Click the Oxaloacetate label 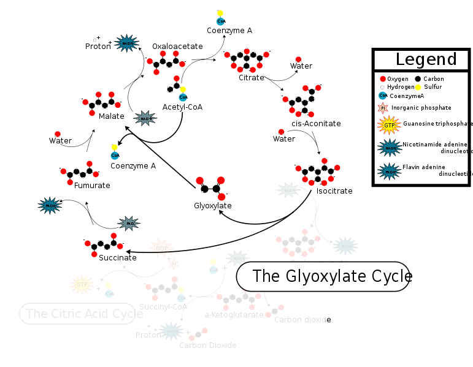pyautogui.click(x=177, y=46)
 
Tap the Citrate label pyautogui.click(x=252, y=78)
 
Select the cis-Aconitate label pyautogui.click(x=316, y=124)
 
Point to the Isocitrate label pyautogui.click(x=334, y=191)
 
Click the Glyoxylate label pyautogui.click(x=212, y=206)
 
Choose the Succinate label pyautogui.click(x=118, y=258)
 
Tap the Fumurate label pyautogui.click(x=92, y=186)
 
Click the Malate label pyautogui.click(x=112, y=116)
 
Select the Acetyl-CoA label pyautogui.click(x=182, y=107)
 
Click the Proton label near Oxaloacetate pyautogui.click(x=98, y=47)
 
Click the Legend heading pyautogui.click(x=426, y=59)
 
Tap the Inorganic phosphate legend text pyautogui.click(x=421, y=108)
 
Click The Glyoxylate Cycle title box pyautogui.click(x=323, y=276)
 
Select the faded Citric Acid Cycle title pyautogui.click(x=77, y=314)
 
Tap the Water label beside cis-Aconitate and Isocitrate pyautogui.click(x=284, y=139)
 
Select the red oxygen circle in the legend pyautogui.click(x=383, y=79)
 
